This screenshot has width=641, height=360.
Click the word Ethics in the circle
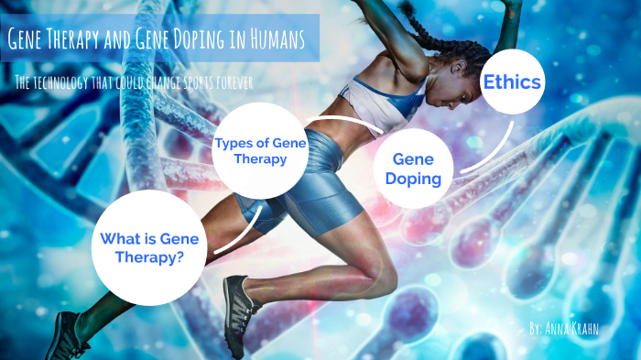point(514,82)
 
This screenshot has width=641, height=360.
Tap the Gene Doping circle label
point(413,169)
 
